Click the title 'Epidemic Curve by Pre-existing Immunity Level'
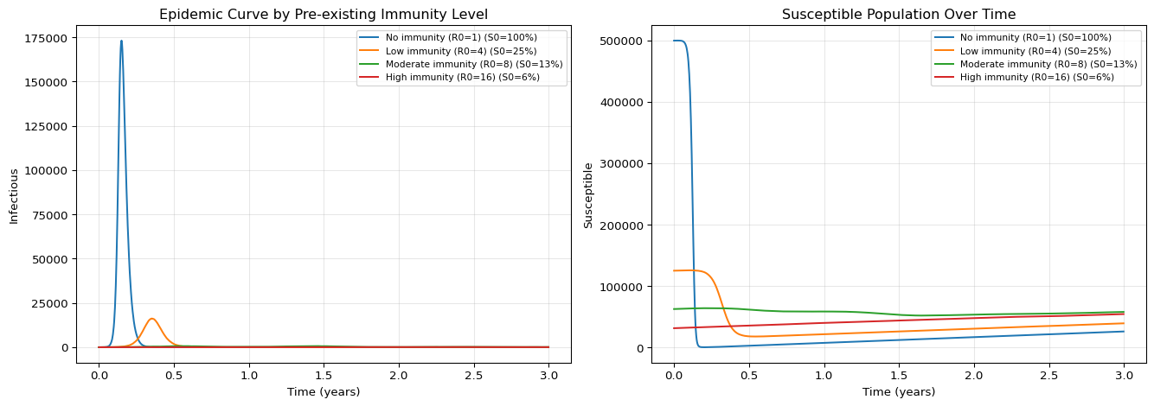[324, 14]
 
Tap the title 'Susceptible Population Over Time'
[899, 14]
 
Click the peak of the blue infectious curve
[121, 41]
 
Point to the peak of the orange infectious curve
[151, 319]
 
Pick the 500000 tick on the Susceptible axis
[623, 41]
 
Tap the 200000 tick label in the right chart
[623, 225]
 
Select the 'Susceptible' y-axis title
[588, 195]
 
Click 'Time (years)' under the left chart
[324, 392]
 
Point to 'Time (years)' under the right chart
[899, 392]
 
